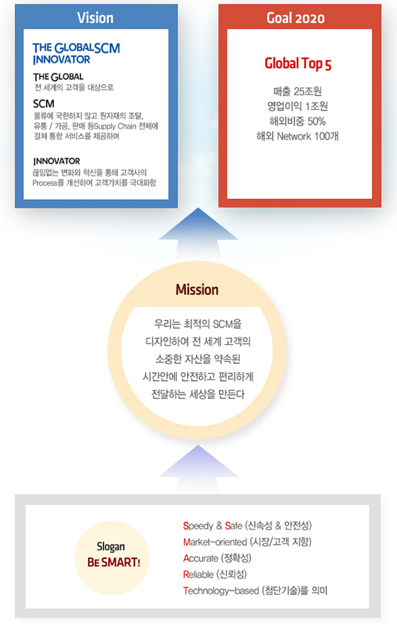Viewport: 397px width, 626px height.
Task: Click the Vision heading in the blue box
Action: point(95,18)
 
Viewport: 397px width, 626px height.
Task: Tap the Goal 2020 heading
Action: point(295,18)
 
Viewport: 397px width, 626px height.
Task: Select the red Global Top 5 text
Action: point(298,64)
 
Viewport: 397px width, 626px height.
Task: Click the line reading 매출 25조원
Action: point(297,92)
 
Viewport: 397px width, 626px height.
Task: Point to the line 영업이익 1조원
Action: point(297,106)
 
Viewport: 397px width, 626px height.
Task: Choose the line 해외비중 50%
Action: point(297,121)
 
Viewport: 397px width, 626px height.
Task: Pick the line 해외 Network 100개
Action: point(297,136)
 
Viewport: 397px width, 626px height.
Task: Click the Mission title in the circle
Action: point(197,289)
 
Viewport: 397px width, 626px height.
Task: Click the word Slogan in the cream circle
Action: point(110,547)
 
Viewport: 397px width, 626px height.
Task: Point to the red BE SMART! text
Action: point(114,562)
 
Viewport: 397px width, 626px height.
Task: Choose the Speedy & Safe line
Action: point(248,525)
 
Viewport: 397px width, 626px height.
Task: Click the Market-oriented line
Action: point(248,542)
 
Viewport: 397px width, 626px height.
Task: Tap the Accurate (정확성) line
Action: point(217,558)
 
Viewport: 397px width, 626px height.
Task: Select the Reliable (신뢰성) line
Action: point(215,575)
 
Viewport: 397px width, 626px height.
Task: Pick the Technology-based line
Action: point(256,591)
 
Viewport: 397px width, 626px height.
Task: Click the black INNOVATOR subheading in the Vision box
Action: point(57,162)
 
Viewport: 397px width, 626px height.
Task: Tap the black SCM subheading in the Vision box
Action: point(43,104)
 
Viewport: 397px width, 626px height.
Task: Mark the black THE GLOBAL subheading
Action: point(58,76)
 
